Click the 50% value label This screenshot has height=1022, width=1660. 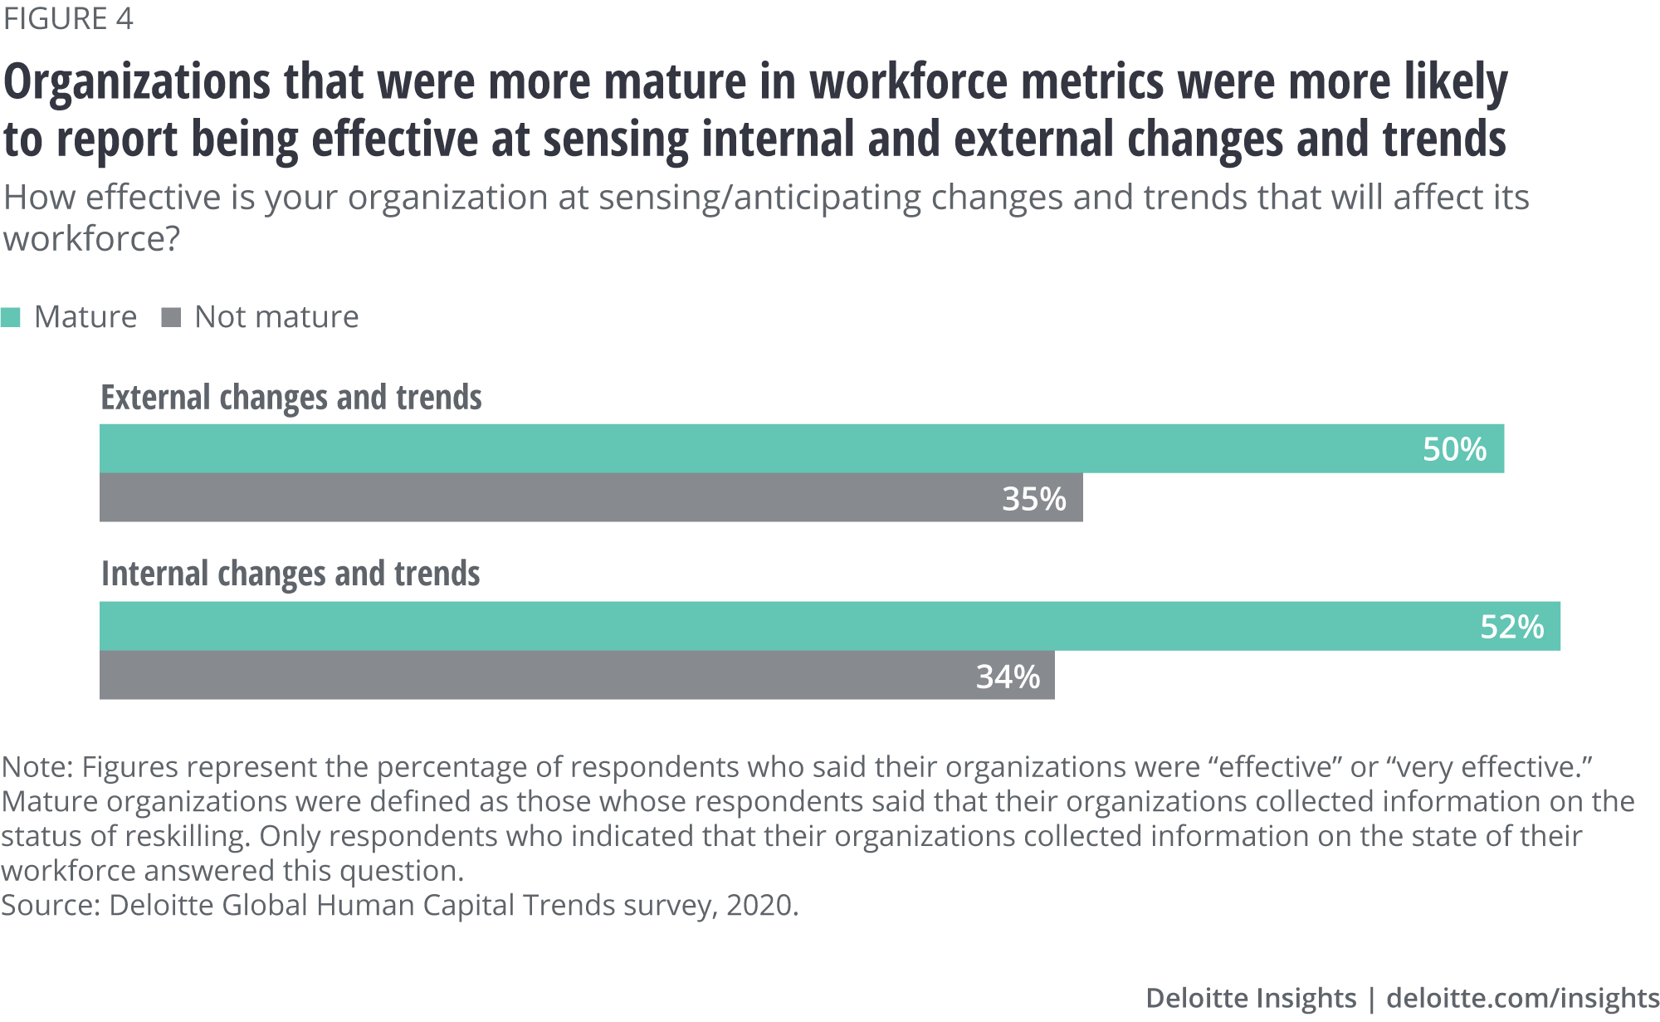(1454, 449)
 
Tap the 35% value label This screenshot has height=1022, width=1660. (1033, 498)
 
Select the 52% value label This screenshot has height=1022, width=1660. (1511, 627)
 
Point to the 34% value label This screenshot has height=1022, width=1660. (1008, 677)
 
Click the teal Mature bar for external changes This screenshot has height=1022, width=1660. (747, 449)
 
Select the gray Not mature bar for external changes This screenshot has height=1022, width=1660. (539, 498)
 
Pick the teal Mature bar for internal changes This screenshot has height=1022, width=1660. (747, 627)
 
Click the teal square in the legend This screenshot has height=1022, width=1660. (11, 317)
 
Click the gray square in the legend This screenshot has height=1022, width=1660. (171, 317)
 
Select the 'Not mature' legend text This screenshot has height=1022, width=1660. (276, 317)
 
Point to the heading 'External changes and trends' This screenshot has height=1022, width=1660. (291, 398)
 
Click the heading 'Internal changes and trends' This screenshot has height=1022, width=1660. (290, 574)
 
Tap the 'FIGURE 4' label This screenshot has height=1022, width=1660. (68, 18)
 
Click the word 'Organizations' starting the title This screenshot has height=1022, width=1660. (138, 82)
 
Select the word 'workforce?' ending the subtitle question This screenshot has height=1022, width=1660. (91, 239)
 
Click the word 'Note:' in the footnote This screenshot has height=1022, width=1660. (37, 767)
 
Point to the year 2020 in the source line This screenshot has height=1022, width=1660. (759, 905)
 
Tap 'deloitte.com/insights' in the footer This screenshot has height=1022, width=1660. (1522, 998)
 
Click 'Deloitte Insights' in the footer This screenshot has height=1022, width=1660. (1250, 998)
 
